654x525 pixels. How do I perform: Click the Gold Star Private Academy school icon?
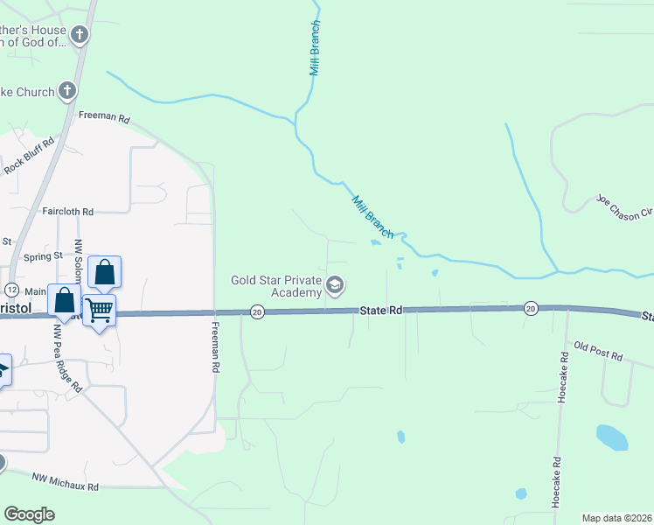pos(334,285)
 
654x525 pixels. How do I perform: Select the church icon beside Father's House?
pos(80,36)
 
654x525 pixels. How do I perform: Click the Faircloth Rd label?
pos(67,212)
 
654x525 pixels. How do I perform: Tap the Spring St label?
pos(44,256)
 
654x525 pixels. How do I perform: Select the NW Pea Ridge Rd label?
pos(67,360)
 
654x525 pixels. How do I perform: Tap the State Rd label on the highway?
pos(382,311)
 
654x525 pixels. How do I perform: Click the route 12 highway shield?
pos(11,290)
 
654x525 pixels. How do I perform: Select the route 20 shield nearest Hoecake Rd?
pos(530,309)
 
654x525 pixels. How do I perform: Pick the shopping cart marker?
pos(99,309)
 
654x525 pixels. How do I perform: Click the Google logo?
pos(29,514)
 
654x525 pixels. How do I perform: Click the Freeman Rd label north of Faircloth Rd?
pos(103,116)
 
